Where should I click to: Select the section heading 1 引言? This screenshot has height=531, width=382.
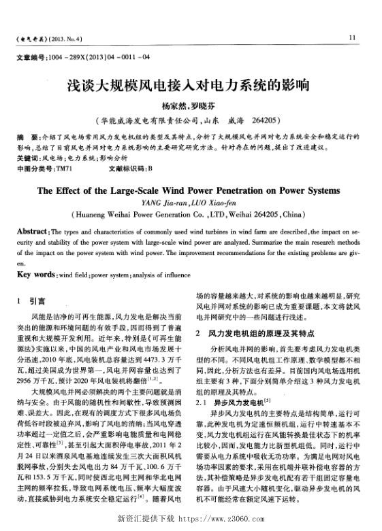click(32, 300)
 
